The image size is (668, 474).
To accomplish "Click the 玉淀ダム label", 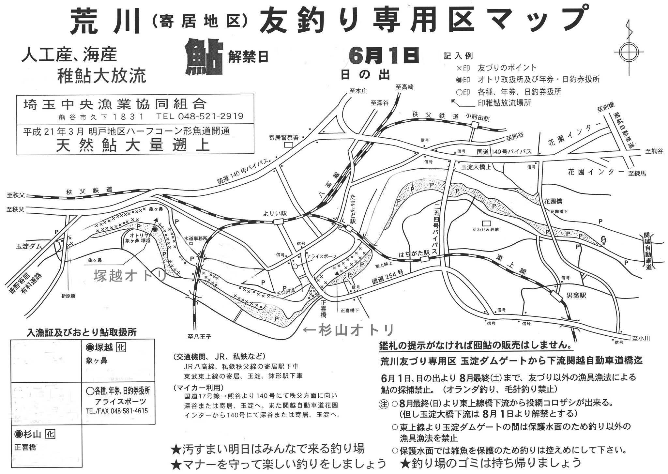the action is (x=29, y=246).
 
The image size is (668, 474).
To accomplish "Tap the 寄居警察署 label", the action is (x=284, y=137).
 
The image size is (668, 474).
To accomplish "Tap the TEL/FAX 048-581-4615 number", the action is (x=117, y=411).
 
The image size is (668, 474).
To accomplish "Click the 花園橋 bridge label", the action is (x=553, y=201).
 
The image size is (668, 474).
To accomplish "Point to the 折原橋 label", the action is (x=68, y=296).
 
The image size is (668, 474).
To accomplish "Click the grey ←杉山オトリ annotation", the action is (x=348, y=330).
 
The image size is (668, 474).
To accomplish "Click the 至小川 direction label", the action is (x=641, y=339).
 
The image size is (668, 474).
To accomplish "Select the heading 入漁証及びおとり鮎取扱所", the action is (x=82, y=332).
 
